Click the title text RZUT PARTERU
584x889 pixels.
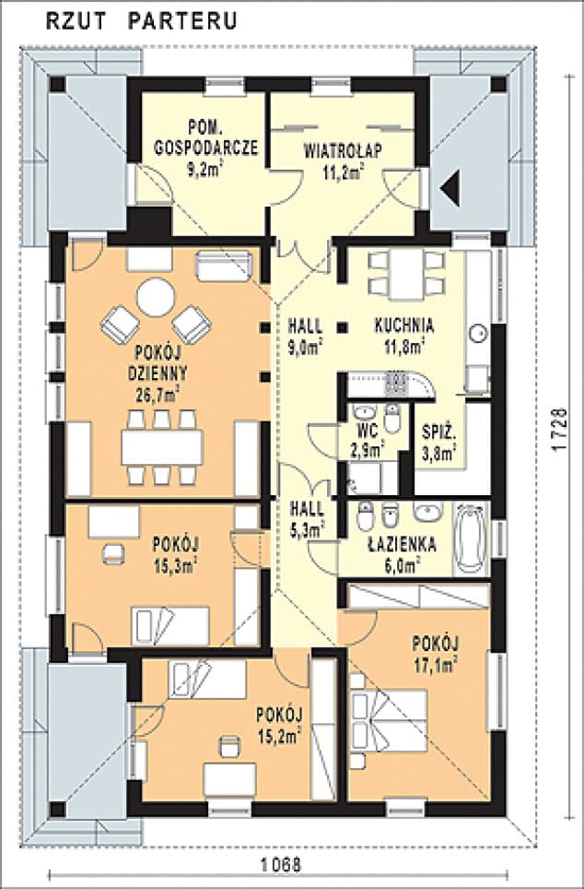pyautogui.click(x=141, y=21)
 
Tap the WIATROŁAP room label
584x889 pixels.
pyautogui.click(x=343, y=151)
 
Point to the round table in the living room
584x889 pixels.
pyautogui.click(x=156, y=297)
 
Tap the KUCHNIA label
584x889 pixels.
pyautogui.click(x=404, y=326)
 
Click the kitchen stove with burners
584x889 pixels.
pyautogui.click(x=395, y=384)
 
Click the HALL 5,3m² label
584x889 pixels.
pyautogui.click(x=307, y=518)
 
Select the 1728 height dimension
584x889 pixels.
pyautogui.click(x=558, y=429)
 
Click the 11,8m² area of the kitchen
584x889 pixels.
pyautogui.click(x=404, y=346)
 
